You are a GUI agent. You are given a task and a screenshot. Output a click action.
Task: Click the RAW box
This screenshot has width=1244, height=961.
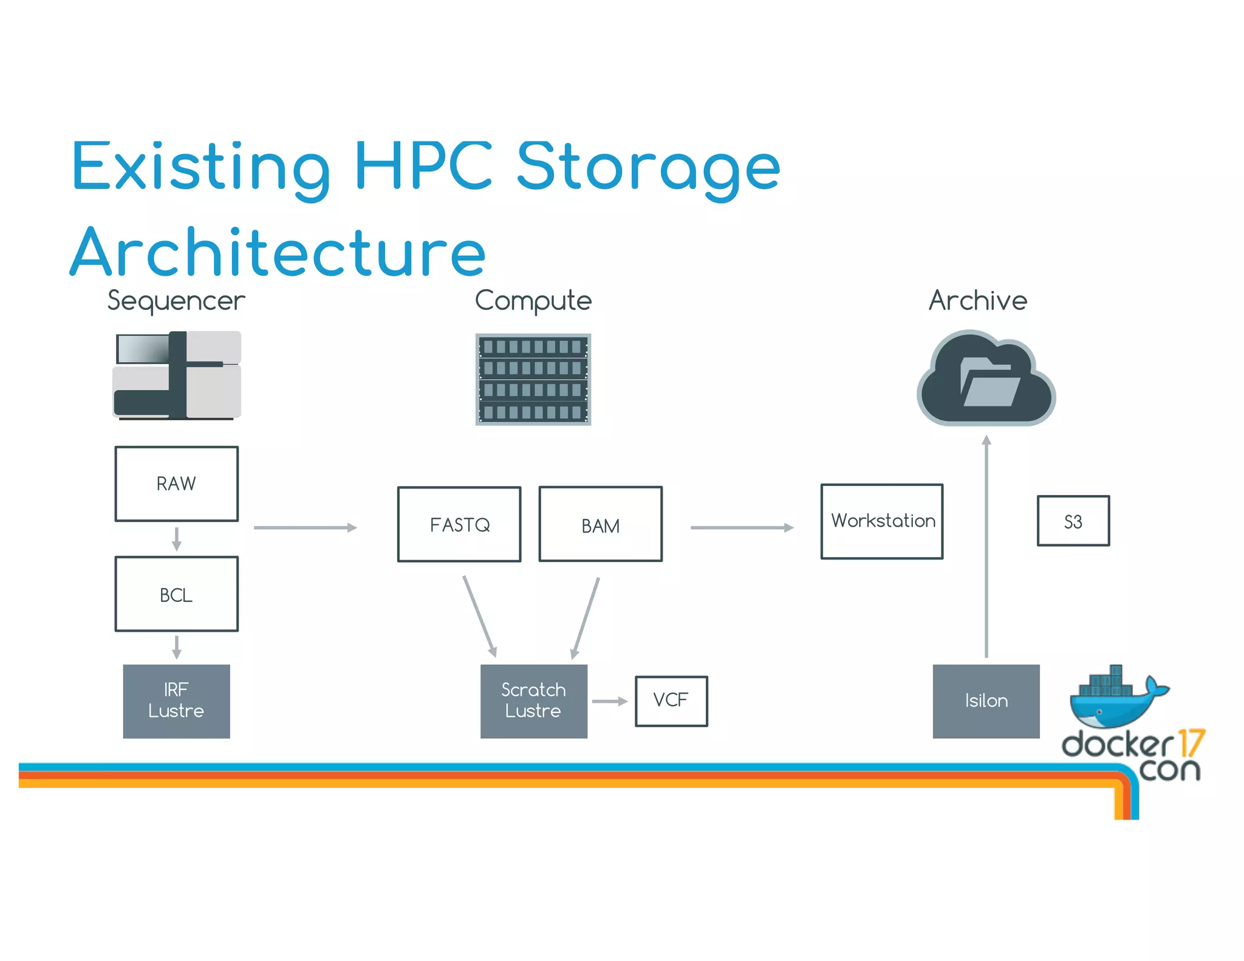[176, 484]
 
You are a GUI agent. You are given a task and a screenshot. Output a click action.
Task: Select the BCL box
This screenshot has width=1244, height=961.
[176, 594]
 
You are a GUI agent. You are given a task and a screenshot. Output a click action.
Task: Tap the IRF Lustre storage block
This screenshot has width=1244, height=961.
[176, 701]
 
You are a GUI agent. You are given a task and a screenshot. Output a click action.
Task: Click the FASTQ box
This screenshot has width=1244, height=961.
[459, 524]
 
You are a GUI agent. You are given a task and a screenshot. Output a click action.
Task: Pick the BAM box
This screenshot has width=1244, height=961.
[600, 524]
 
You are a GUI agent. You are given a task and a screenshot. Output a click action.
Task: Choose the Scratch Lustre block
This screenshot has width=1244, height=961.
[533, 701]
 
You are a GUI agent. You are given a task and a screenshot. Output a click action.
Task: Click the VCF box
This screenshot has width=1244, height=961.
[671, 701]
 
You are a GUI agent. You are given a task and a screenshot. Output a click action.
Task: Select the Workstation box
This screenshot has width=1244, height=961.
[882, 521]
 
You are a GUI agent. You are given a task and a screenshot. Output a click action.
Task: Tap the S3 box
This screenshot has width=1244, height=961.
[1073, 521]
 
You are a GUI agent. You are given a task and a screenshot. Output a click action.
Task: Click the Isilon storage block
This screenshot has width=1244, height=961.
[986, 701]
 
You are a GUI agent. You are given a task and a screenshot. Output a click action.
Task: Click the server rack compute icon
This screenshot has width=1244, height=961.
[533, 380]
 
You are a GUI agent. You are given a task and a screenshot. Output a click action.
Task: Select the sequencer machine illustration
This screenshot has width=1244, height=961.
[177, 375]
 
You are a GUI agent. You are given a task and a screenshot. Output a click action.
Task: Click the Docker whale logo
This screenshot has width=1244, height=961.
[1115, 699]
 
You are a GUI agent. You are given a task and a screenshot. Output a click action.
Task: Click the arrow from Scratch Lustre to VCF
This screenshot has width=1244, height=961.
[609, 701]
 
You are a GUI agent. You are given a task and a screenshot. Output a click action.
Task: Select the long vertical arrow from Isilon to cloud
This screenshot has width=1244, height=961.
[986, 547]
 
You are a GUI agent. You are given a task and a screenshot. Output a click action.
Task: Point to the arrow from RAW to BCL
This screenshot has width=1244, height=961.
[177, 538]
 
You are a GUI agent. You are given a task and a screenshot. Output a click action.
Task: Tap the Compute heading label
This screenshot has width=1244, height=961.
[533, 301]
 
